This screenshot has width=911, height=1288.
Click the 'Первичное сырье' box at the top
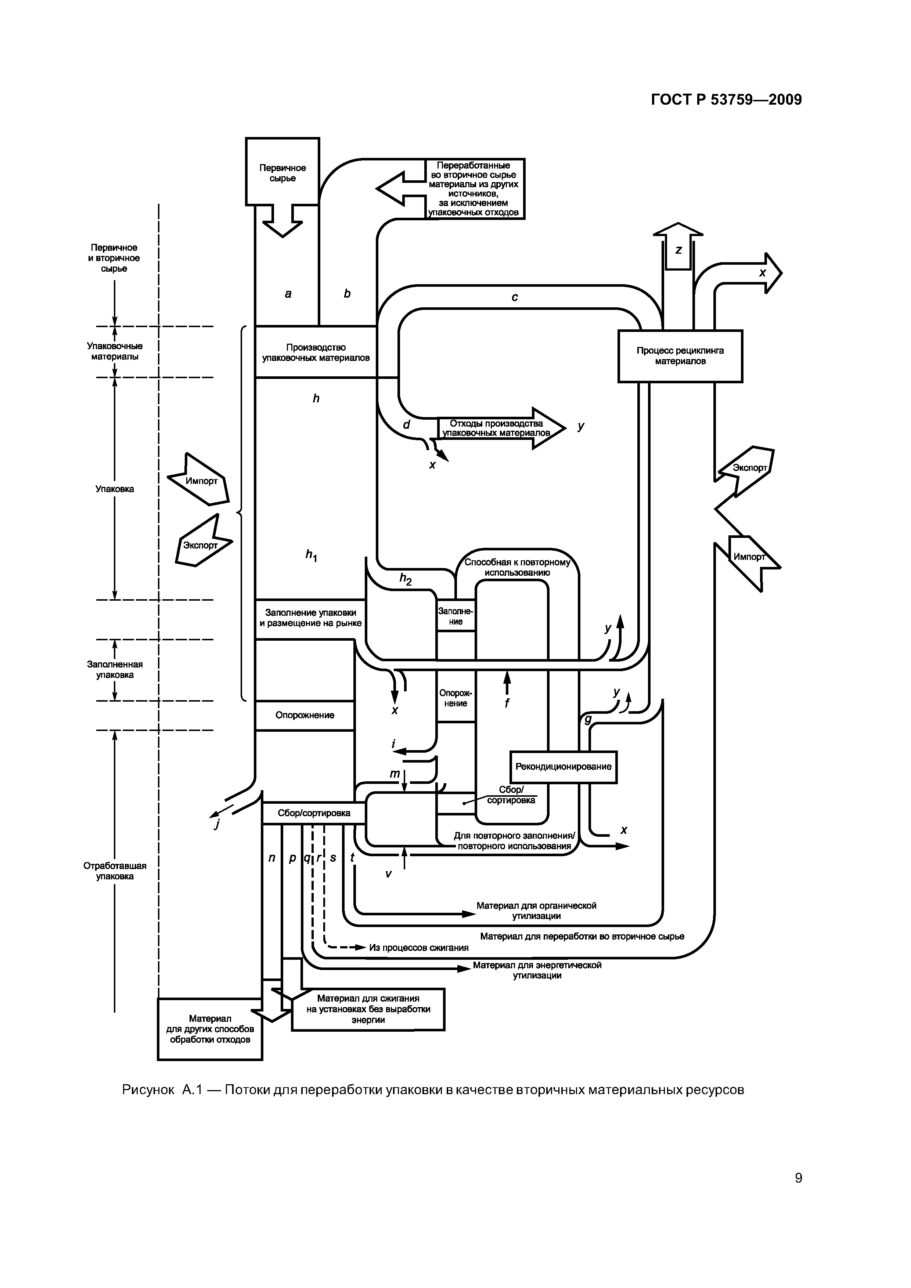point(282,172)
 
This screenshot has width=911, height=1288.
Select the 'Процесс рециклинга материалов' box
point(680,356)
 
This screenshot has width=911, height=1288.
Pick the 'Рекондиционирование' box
point(563,766)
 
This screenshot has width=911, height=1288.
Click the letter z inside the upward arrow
point(678,250)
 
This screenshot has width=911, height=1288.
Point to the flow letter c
point(515,297)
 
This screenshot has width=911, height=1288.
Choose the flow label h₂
point(405,578)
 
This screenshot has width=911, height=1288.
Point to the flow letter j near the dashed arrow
point(217,824)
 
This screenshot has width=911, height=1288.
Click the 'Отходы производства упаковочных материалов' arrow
point(497,428)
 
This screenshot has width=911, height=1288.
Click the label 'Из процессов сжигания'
point(419,948)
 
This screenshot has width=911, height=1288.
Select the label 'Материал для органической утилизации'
point(536,911)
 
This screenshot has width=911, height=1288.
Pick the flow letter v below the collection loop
point(388,873)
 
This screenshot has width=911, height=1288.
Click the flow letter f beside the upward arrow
point(507,702)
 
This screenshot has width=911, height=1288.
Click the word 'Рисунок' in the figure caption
point(148,1090)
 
